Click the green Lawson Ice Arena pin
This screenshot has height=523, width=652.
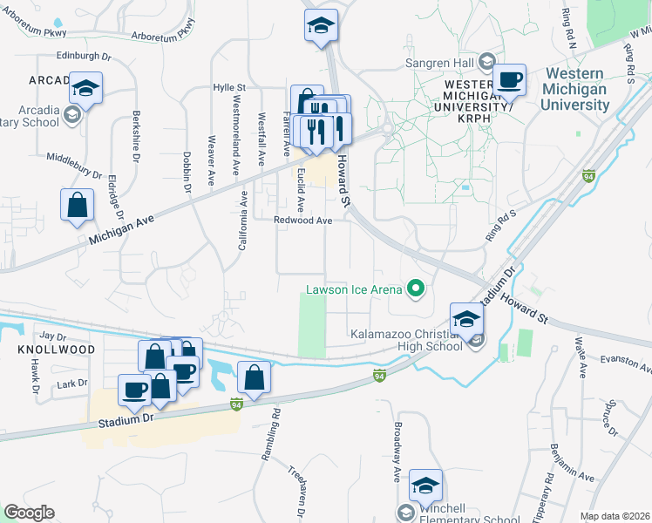tap(417, 289)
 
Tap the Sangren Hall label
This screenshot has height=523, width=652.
tap(438, 63)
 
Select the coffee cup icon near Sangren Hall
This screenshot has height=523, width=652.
tap(510, 80)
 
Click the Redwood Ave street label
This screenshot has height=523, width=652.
tap(303, 221)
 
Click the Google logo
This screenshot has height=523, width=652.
tap(29, 513)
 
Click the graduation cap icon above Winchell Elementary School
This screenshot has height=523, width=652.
tap(425, 485)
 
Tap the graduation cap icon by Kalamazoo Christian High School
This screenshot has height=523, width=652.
tap(466, 318)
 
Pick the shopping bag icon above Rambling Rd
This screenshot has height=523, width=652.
tap(254, 377)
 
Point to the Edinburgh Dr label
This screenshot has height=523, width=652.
tap(85, 55)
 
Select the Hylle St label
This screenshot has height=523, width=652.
tap(230, 88)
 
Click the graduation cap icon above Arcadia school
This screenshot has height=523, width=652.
tap(86, 87)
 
